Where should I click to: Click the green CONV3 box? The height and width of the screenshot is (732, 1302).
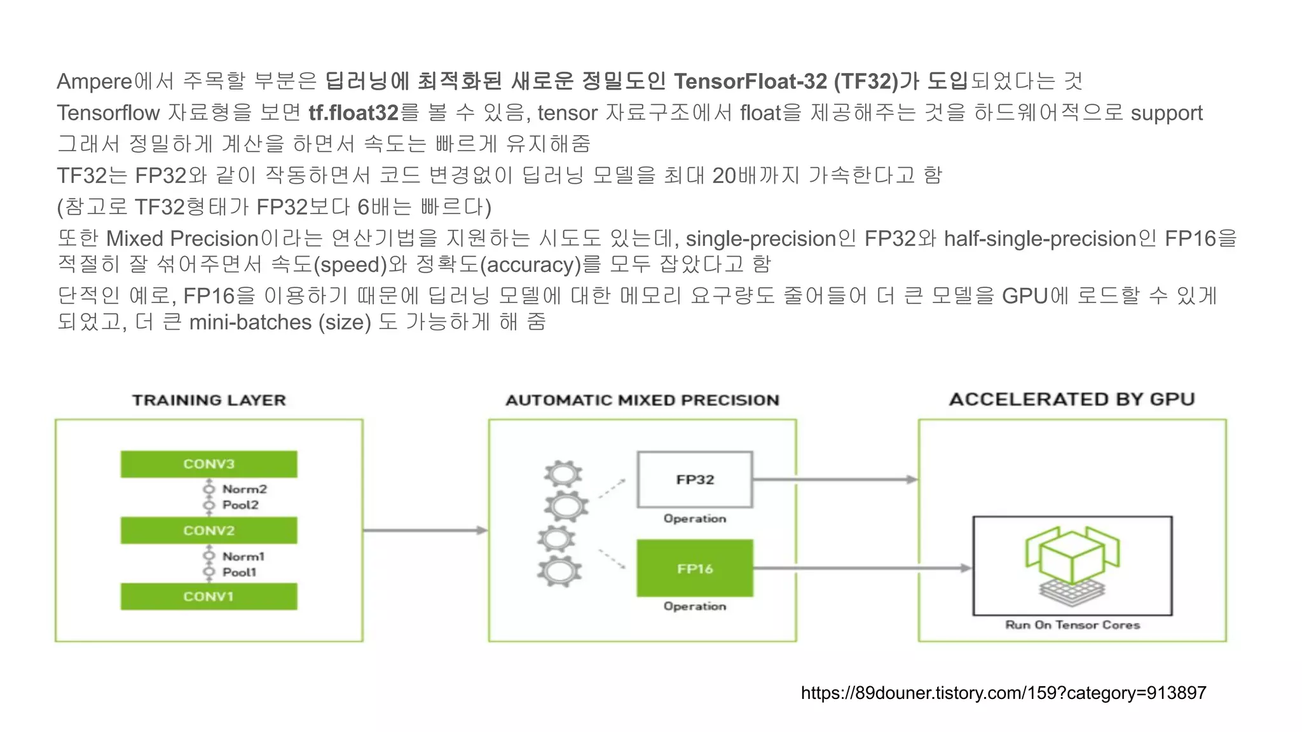pos(209,464)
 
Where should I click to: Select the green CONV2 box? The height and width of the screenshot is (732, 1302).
pos(209,530)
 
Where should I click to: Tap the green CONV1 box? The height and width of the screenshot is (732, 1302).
pos(209,597)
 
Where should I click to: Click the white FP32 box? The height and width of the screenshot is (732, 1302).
pos(695,480)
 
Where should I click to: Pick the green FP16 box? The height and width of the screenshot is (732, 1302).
pos(695,568)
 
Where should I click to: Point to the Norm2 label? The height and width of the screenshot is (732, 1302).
pos(244,489)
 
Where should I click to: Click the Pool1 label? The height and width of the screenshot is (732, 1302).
pos(239,572)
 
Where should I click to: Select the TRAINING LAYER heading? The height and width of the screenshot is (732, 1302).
pos(209,400)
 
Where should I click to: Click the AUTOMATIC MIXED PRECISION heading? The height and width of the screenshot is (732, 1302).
pos(642,400)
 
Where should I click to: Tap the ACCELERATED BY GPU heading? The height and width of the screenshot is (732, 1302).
pos(1072,399)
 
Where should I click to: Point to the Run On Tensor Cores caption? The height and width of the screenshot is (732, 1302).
pos(1072,625)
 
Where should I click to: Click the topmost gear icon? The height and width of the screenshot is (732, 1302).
pos(563,474)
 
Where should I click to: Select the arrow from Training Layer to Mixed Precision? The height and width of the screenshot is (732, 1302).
pos(425,530)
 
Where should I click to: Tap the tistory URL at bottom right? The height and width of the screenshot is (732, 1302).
pos(1003,693)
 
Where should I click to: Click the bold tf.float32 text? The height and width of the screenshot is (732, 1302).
pos(353,113)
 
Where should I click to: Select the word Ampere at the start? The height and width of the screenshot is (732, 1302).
pos(94,81)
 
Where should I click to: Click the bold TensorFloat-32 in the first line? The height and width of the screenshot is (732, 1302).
pos(750,81)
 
